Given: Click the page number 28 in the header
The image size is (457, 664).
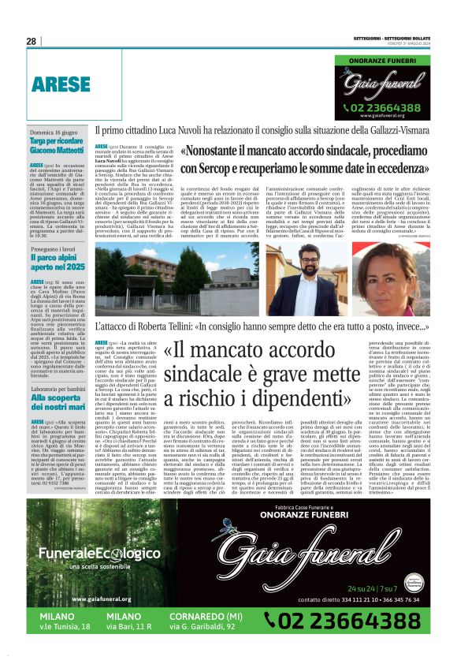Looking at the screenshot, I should (x=32, y=41).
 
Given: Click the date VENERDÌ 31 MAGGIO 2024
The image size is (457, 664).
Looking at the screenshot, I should (x=410, y=45).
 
